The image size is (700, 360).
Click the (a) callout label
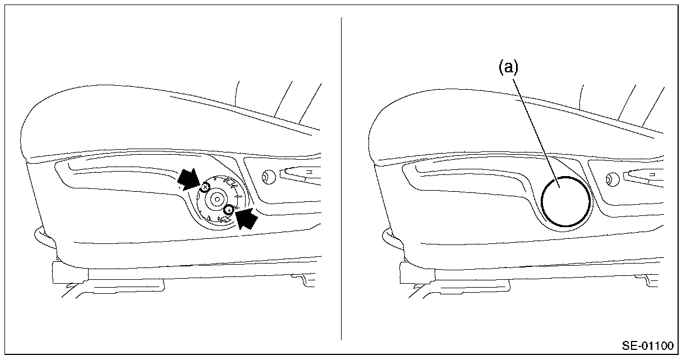click(x=508, y=68)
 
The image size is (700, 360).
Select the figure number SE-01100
click(x=647, y=345)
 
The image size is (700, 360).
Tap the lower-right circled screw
click(x=228, y=210)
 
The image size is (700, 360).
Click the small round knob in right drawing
click(x=612, y=179)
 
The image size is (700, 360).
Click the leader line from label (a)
click(x=536, y=129)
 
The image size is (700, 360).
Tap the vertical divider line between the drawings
click(x=341, y=179)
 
